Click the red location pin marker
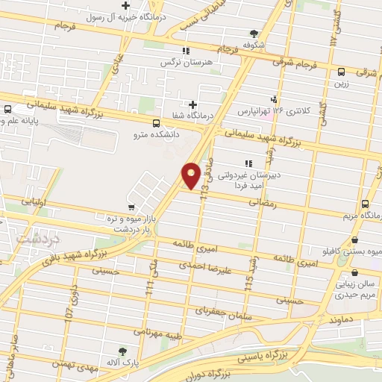(x=192, y=175)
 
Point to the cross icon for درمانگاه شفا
(x=193, y=104)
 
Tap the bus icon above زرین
(x=341, y=72)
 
